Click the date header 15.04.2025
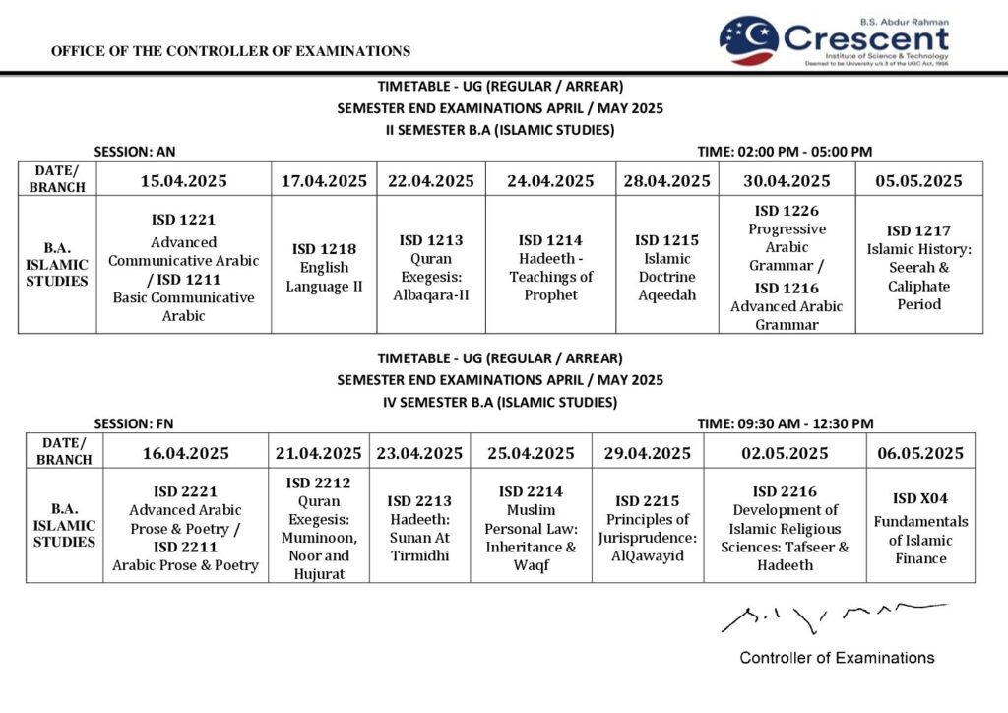tap(184, 181)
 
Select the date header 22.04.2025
tap(431, 181)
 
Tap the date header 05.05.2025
tap(918, 181)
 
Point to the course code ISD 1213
tap(431, 240)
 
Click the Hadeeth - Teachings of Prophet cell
tap(550, 267)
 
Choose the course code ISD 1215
tap(666, 240)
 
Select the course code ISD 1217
tap(918, 231)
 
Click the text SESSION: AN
tap(135, 152)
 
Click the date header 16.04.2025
tap(185, 454)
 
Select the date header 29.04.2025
tap(647, 454)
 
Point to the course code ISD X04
tap(920, 498)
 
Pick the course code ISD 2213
tap(419, 501)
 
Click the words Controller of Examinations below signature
tap(837, 657)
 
